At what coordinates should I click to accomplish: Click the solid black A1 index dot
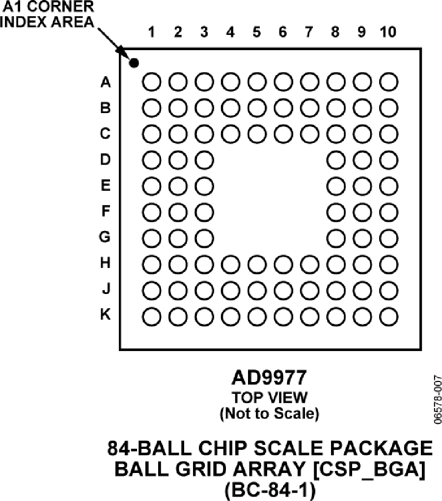pyautogui.click(x=134, y=63)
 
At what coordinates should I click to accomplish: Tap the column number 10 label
pyautogui.click(x=388, y=32)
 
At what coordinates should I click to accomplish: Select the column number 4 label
pyautogui.click(x=230, y=32)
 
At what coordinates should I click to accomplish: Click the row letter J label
pyautogui.click(x=106, y=289)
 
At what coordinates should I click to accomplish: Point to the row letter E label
pyautogui.click(x=106, y=185)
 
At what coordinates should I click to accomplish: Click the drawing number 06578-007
pyautogui.click(x=438, y=400)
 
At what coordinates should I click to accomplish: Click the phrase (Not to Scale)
pyautogui.click(x=269, y=413)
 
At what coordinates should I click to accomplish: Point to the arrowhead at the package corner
pyautogui.click(x=121, y=50)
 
